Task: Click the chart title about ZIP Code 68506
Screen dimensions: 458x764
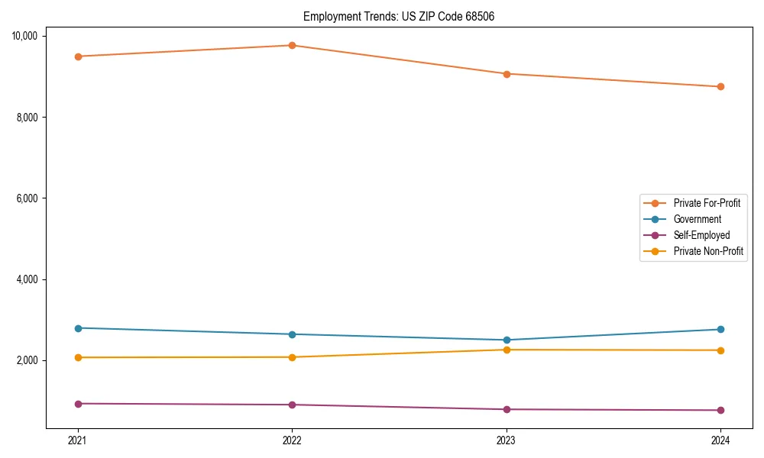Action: pos(398,16)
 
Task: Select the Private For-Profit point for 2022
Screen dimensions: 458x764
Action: pos(292,45)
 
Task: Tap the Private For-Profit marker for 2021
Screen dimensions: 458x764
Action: pos(78,56)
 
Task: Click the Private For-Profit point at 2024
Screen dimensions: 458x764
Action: pos(720,87)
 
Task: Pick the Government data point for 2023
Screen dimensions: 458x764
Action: pos(507,340)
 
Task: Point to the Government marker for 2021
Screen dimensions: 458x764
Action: pos(78,328)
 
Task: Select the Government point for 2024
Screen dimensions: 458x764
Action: pos(720,329)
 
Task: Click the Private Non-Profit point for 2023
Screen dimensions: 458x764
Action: pos(507,350)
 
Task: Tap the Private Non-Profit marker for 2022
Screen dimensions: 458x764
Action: pos(292,357)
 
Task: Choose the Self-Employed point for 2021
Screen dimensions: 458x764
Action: pos(78,404)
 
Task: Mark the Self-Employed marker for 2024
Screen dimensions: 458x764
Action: pos(720,411)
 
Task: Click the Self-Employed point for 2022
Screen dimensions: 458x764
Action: pos(292,405)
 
